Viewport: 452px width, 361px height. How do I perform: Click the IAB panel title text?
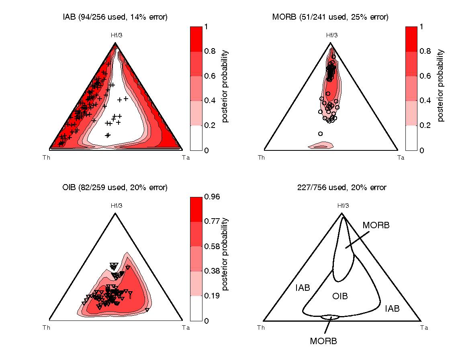coord(115,17)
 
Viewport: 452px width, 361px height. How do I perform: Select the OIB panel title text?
coord(115,187)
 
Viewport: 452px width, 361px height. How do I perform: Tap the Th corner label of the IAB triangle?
coord(47,157)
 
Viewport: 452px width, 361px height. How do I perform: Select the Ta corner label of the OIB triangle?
coord(186,328)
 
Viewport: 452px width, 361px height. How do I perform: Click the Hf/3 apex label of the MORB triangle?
coord(331,35)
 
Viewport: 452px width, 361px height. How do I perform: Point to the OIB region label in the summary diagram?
coord(340,296)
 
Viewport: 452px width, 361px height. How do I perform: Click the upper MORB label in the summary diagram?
coord(376,225)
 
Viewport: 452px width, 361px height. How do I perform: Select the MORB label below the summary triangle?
coord(323,341)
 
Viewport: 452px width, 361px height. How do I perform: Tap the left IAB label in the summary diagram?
coord(303,288)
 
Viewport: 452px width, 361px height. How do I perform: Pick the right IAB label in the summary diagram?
coord(392,308)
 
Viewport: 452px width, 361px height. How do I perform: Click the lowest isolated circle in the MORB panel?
coord(320,134)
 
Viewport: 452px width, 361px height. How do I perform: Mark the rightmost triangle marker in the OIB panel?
coord(147,310)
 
